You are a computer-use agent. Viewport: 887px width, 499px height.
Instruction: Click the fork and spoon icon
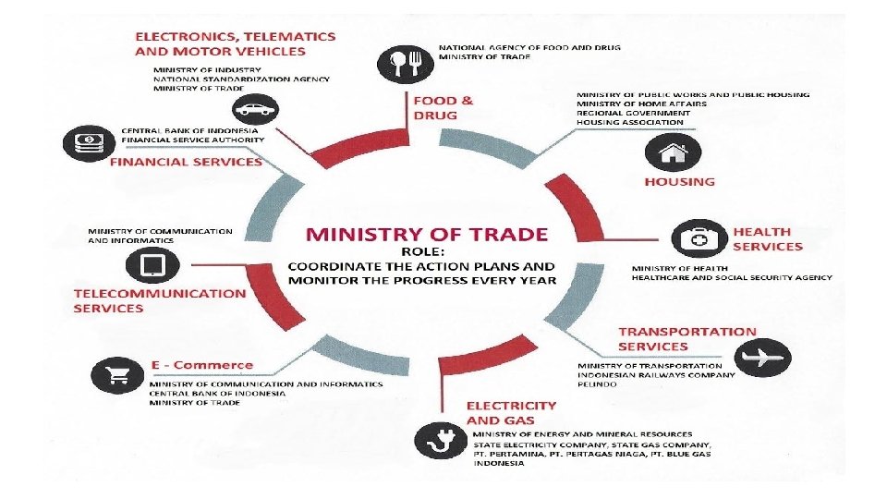pos(406,65)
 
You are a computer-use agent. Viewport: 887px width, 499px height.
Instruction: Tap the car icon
pos(256,109)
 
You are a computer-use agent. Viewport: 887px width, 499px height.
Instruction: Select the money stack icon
pos(89,143)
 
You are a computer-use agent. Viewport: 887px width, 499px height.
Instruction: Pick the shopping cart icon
pos(117,374)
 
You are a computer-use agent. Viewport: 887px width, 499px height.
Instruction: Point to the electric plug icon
pos(441,440)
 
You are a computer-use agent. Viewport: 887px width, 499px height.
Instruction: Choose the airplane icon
pos(762,358)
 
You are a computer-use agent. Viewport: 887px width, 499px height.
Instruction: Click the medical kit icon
pos(699,238)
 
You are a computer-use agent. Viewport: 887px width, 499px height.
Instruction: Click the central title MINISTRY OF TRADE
pos(427,234)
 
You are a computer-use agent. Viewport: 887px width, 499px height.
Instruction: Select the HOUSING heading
pos(679,182)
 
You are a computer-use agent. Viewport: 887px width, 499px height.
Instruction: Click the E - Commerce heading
pos(202,365)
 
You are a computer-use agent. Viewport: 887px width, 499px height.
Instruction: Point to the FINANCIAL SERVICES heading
pos(186,162)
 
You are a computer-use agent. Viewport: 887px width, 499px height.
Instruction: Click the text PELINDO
pos(598,384)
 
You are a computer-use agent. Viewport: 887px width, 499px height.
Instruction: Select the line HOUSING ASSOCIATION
pos(629,122)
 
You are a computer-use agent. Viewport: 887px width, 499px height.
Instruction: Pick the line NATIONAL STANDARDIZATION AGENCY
pos(241,79)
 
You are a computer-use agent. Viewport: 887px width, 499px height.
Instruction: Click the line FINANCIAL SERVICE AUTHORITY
pos(193,140)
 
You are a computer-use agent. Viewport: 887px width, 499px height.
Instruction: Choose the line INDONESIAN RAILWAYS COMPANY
pos(656,375)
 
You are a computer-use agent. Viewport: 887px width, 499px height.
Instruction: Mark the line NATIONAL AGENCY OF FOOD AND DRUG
pos(529,47)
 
